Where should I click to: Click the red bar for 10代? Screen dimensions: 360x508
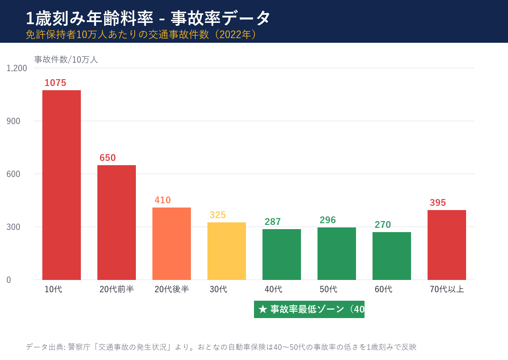61,185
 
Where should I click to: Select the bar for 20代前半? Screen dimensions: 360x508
116,222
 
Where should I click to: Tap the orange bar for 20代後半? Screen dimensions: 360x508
171,244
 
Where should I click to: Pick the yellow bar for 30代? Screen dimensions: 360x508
226,251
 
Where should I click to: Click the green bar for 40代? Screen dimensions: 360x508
282,254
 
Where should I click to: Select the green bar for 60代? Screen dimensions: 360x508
392,256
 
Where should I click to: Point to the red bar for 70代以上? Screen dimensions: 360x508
447,245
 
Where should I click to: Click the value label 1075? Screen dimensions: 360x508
55,83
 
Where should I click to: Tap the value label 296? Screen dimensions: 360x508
328,220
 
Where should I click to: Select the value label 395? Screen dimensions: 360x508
438,203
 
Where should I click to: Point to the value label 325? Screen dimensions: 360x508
218,215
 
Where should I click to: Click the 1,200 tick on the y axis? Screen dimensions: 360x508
17,68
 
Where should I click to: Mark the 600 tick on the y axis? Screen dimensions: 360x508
13,174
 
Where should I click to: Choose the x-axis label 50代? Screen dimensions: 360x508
328,289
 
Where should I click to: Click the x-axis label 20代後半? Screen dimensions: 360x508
171,289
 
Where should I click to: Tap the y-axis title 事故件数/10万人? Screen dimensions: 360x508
66,60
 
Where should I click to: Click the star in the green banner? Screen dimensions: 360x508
262,309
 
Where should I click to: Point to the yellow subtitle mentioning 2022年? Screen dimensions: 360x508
142,35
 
